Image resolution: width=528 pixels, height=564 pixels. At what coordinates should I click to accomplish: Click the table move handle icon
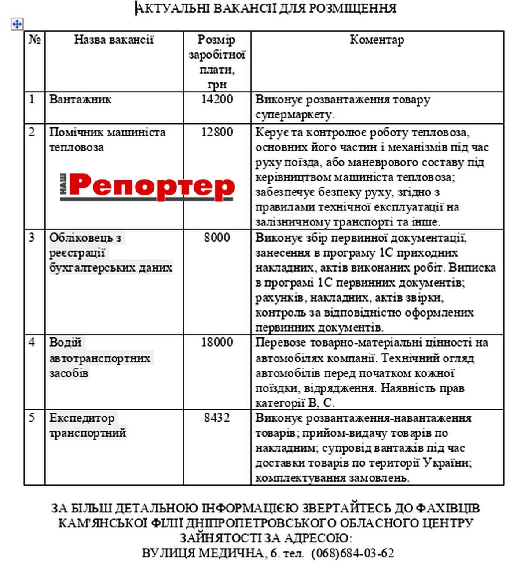[x=17, y=24]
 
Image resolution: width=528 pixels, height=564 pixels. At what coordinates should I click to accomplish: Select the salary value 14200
[x=217, y=99]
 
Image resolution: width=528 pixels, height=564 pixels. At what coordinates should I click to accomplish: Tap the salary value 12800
[x=217, y=132]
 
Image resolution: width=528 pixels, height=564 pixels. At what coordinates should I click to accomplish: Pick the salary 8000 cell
[x=217, y=238]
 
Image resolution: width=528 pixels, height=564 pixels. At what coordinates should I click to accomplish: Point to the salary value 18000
[x=217, y=343]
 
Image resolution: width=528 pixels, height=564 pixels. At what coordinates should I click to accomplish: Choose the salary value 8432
[x=217, y=418]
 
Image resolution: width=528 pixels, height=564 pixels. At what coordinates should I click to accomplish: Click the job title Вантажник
[x=80, y=100]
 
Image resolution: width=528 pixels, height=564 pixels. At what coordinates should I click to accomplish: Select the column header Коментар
[x=377, y=40]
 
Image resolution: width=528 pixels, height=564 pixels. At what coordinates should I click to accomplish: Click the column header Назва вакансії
[x=114, y=40]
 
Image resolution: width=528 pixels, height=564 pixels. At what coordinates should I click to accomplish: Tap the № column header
[x=35, y=40]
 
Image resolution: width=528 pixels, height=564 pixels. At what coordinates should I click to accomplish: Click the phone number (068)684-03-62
[x=352, y=553]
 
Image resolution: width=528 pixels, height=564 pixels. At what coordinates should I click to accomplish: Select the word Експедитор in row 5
[x=82, y=418]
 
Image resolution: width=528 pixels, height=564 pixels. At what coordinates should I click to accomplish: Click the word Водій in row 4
[x=65, y=343]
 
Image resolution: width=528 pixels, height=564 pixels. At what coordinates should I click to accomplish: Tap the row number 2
[x=32, y=132]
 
